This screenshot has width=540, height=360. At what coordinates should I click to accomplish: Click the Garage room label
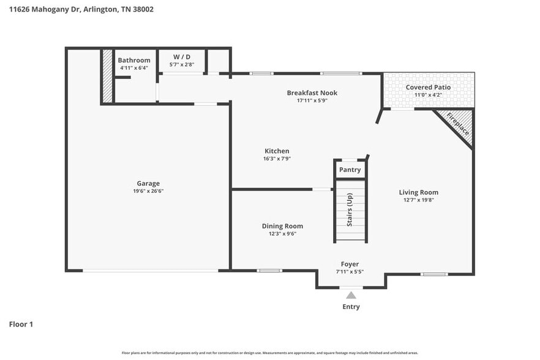point(148,183)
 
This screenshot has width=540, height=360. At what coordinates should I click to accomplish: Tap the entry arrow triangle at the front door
point(351,295)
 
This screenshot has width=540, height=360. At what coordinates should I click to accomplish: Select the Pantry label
point(350,170)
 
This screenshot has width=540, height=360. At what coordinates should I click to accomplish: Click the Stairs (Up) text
point(350,211)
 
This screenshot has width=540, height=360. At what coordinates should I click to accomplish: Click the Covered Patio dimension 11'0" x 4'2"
point(428,95)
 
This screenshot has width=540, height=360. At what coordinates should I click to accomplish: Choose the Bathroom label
point(134,60)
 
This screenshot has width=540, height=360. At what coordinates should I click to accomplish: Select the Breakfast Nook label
point(312,93)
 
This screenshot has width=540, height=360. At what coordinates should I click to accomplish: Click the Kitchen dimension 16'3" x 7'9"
point(277,159)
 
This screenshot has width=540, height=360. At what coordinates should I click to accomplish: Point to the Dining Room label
point(282,226)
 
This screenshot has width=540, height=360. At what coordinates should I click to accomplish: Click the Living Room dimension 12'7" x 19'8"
point(419,200)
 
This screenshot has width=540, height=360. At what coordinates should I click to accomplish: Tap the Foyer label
point(350,264)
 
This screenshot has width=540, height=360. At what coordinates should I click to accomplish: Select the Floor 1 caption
point(21,324)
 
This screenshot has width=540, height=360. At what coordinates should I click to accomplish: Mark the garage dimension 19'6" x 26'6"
point(148,191)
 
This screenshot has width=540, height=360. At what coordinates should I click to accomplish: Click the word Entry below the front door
point(351,307)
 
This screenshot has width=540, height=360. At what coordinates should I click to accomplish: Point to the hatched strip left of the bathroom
point(108,76)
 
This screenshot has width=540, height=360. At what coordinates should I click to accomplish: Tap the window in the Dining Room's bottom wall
point(269,271)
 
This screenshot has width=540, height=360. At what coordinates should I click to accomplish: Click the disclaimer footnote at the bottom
point(270,353)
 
